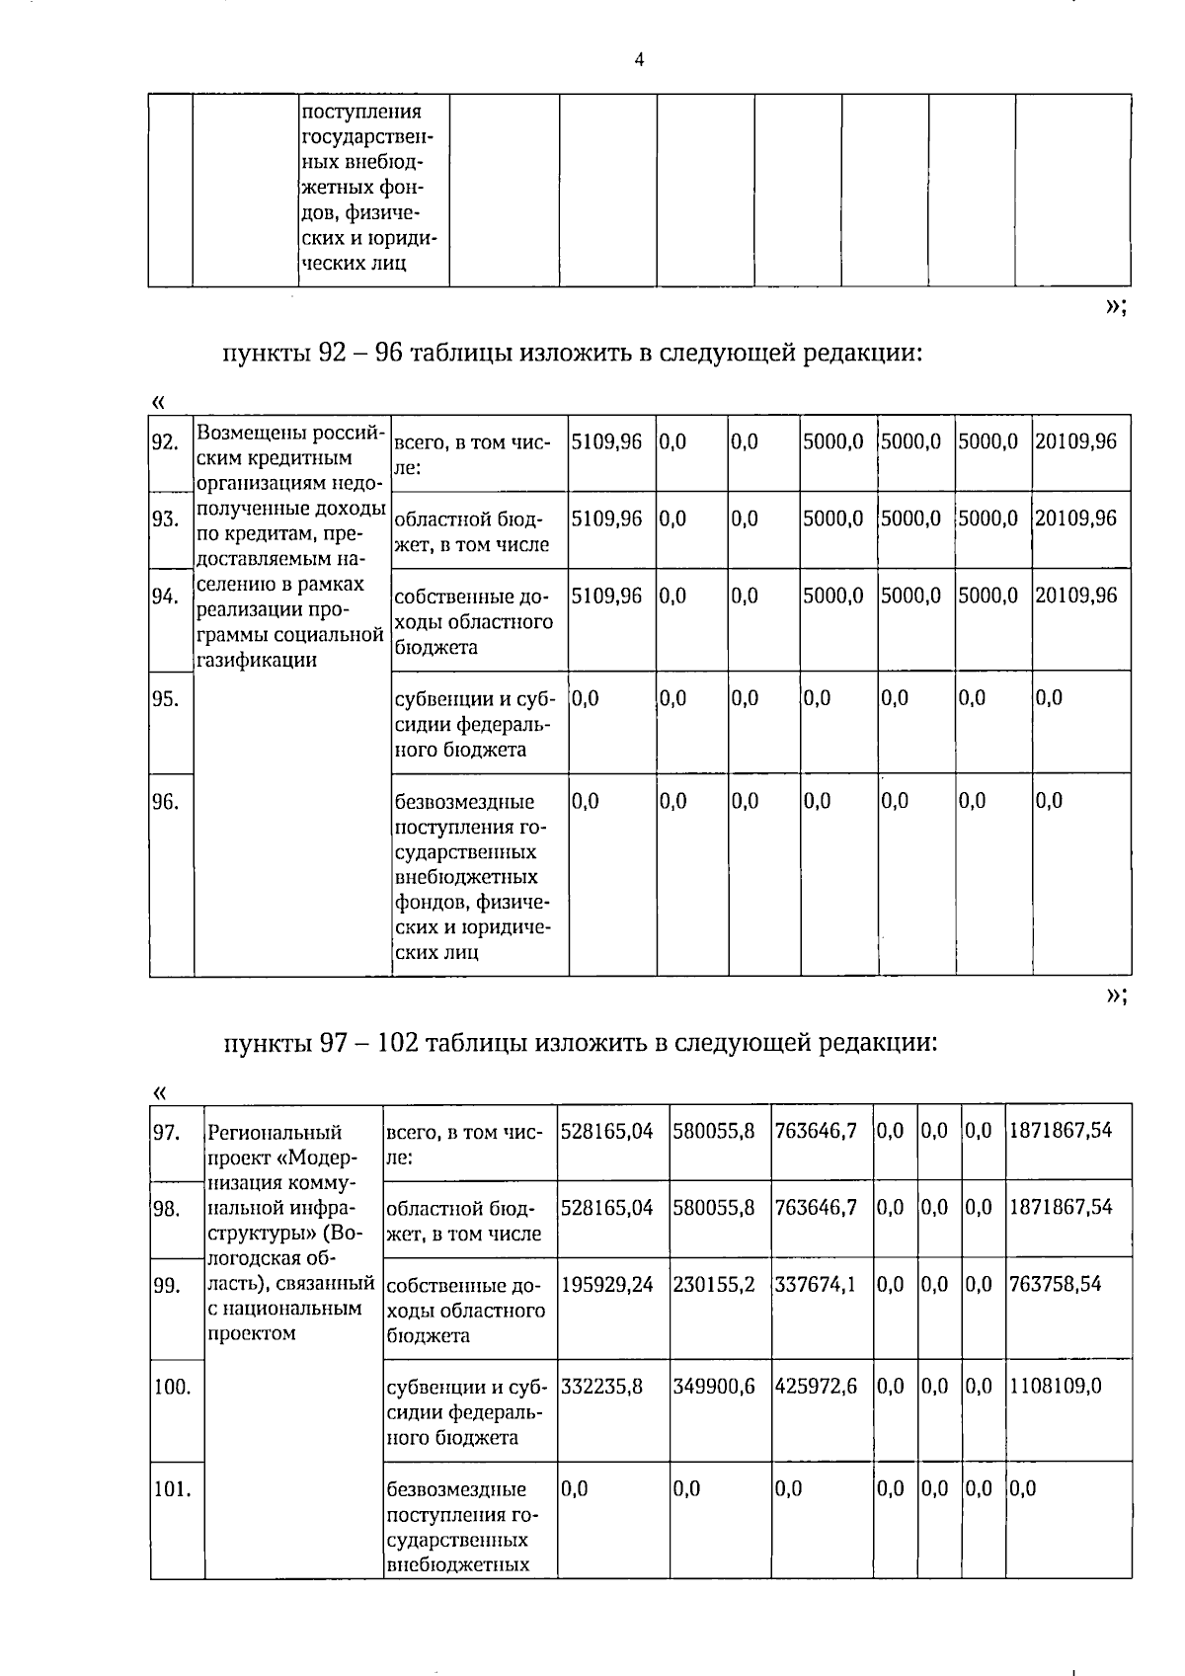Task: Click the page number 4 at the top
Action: pos(639,60)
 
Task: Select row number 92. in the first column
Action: pos(165,441)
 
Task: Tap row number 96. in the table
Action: pos(165,801)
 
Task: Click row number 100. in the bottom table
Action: pos(172,1387)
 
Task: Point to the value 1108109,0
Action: pos(1054,1387)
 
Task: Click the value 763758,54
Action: pos(1055,1284)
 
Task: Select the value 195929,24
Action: pos(606,1284)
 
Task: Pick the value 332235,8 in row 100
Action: pos(601,1387)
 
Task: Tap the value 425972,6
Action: pos(816,1387)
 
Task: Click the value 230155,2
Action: pos(714,1284)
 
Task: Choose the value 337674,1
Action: pos(816,1284)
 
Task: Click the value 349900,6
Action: pos(714,1387)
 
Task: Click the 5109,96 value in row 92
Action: pos(606,441)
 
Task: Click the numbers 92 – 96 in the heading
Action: pos(361,353)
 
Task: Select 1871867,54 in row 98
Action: pos(1060,1207)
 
